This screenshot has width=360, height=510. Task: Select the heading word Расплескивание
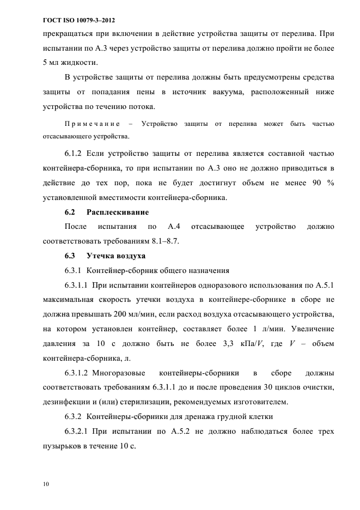click(x=118, y=211)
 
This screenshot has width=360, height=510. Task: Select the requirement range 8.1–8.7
click(x=163, y=241)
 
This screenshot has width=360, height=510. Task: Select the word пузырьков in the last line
click(x=64, y=446)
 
